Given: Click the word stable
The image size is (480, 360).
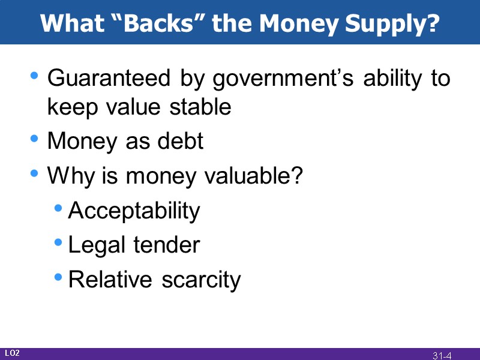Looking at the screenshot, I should coord(200,107).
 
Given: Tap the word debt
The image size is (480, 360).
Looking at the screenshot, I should coord(179,142).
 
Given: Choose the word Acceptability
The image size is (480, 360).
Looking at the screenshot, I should coord(134,211).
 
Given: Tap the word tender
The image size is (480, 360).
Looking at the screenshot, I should coord(166,245).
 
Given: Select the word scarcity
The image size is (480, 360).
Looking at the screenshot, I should coord(201,280).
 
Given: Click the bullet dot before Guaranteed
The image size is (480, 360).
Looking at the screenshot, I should coord(35,77).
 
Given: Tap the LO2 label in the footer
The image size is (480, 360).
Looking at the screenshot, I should coord(12,353).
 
